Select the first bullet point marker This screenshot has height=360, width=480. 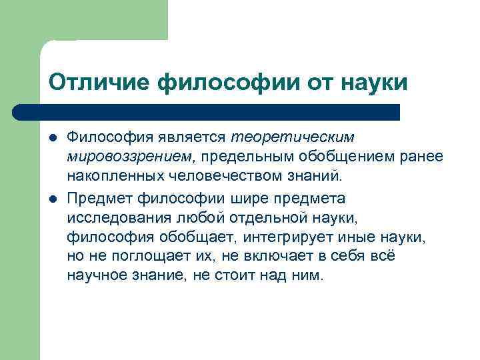coord(53,137)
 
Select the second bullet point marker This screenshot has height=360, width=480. coord(53,198)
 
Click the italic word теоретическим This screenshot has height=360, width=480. coord(293,137)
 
